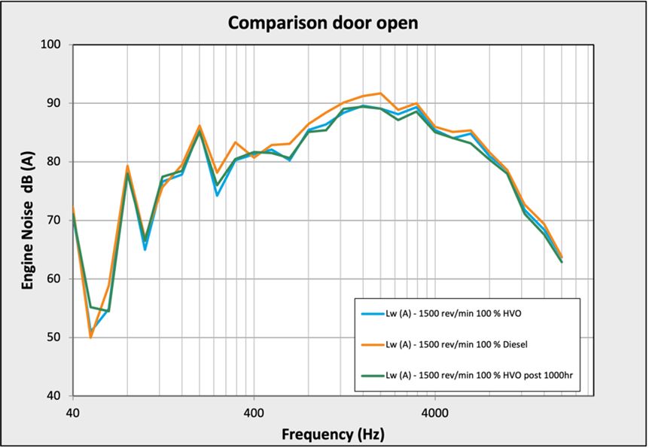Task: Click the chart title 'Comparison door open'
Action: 323,23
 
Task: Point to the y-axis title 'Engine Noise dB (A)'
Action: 28,219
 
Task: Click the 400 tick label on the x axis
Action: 254,413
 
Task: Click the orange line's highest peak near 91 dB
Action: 380,93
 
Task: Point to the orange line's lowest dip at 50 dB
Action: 90,337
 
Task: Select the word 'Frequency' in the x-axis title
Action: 310,434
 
